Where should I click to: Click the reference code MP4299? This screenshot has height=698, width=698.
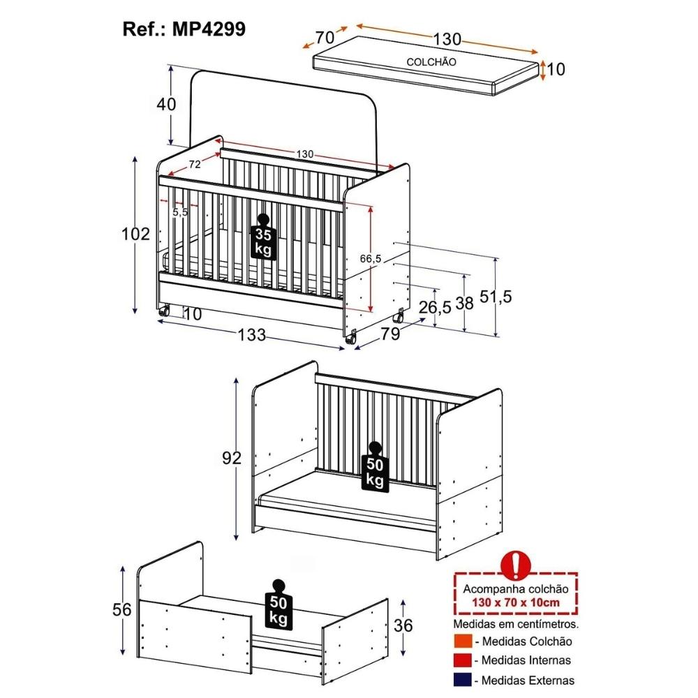coord(208,29)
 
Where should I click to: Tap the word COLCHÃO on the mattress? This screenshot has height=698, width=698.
coord(431,62)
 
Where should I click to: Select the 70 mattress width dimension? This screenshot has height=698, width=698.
coord(325,38)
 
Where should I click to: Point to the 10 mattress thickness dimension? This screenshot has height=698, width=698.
coord(556,69)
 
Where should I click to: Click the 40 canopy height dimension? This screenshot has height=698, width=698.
coord(167,104)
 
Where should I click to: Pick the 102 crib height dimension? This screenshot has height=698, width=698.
coord(136,234)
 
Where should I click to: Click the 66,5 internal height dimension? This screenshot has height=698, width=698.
coord(371,259)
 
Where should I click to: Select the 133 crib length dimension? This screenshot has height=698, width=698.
coord(251,335)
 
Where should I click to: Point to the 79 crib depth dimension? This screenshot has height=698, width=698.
coord(391,334)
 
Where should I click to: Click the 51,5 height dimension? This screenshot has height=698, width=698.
coord(496,297)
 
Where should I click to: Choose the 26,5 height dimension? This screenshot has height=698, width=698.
coord(435,306)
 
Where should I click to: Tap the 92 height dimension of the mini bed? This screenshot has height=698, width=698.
coord(232,458)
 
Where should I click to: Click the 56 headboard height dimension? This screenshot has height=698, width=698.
coord(122,609)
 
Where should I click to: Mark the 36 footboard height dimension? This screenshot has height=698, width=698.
coord(403,625)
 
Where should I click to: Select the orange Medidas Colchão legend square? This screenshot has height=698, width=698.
coord(463,641)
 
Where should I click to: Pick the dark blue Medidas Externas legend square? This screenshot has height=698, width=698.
coord(463,680)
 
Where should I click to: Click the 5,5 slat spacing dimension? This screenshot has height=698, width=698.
coord(180,212)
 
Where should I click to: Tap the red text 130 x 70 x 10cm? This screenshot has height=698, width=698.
coord(516,603)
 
